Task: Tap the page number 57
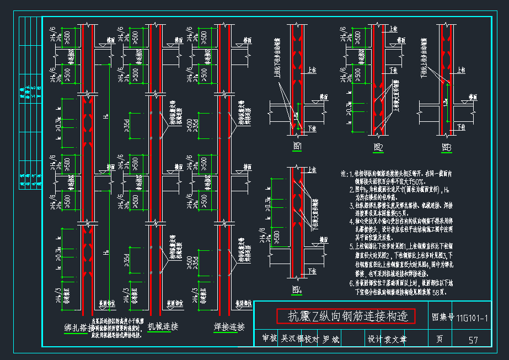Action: [473, 340]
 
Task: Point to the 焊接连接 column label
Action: [228, 326]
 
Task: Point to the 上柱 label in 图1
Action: [312, 70]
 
